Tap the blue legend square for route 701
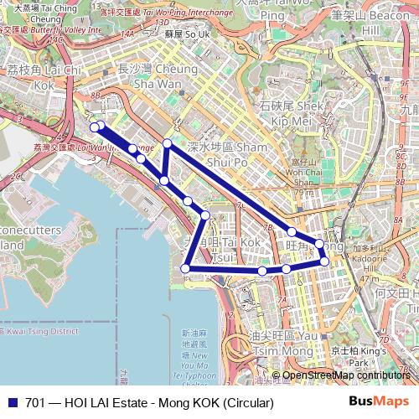pos(13,403)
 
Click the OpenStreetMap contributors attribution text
pos(346,375)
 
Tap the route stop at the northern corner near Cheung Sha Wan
pos(168,144)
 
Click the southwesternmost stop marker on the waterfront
pos(185,268)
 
